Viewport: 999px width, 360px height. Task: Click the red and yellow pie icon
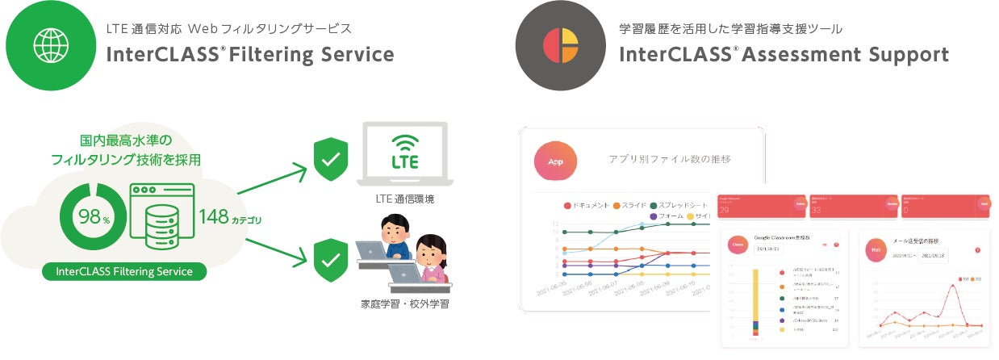[x=560, y=45]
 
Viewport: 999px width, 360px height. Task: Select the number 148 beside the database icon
[x=213, y=216]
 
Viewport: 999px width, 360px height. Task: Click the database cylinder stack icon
[x=161, y=228]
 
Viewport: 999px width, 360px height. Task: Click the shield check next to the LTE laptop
[x=331, y=160]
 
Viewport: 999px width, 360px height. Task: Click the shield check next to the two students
[x=331, y=257]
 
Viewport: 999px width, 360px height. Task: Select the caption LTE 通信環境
[x=404, y=199]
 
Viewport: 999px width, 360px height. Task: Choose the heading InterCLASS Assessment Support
[x=784, y=55]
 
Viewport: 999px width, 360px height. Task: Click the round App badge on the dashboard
[x=555, y=161]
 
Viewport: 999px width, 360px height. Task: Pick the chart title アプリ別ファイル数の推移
[x=669, y=159]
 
